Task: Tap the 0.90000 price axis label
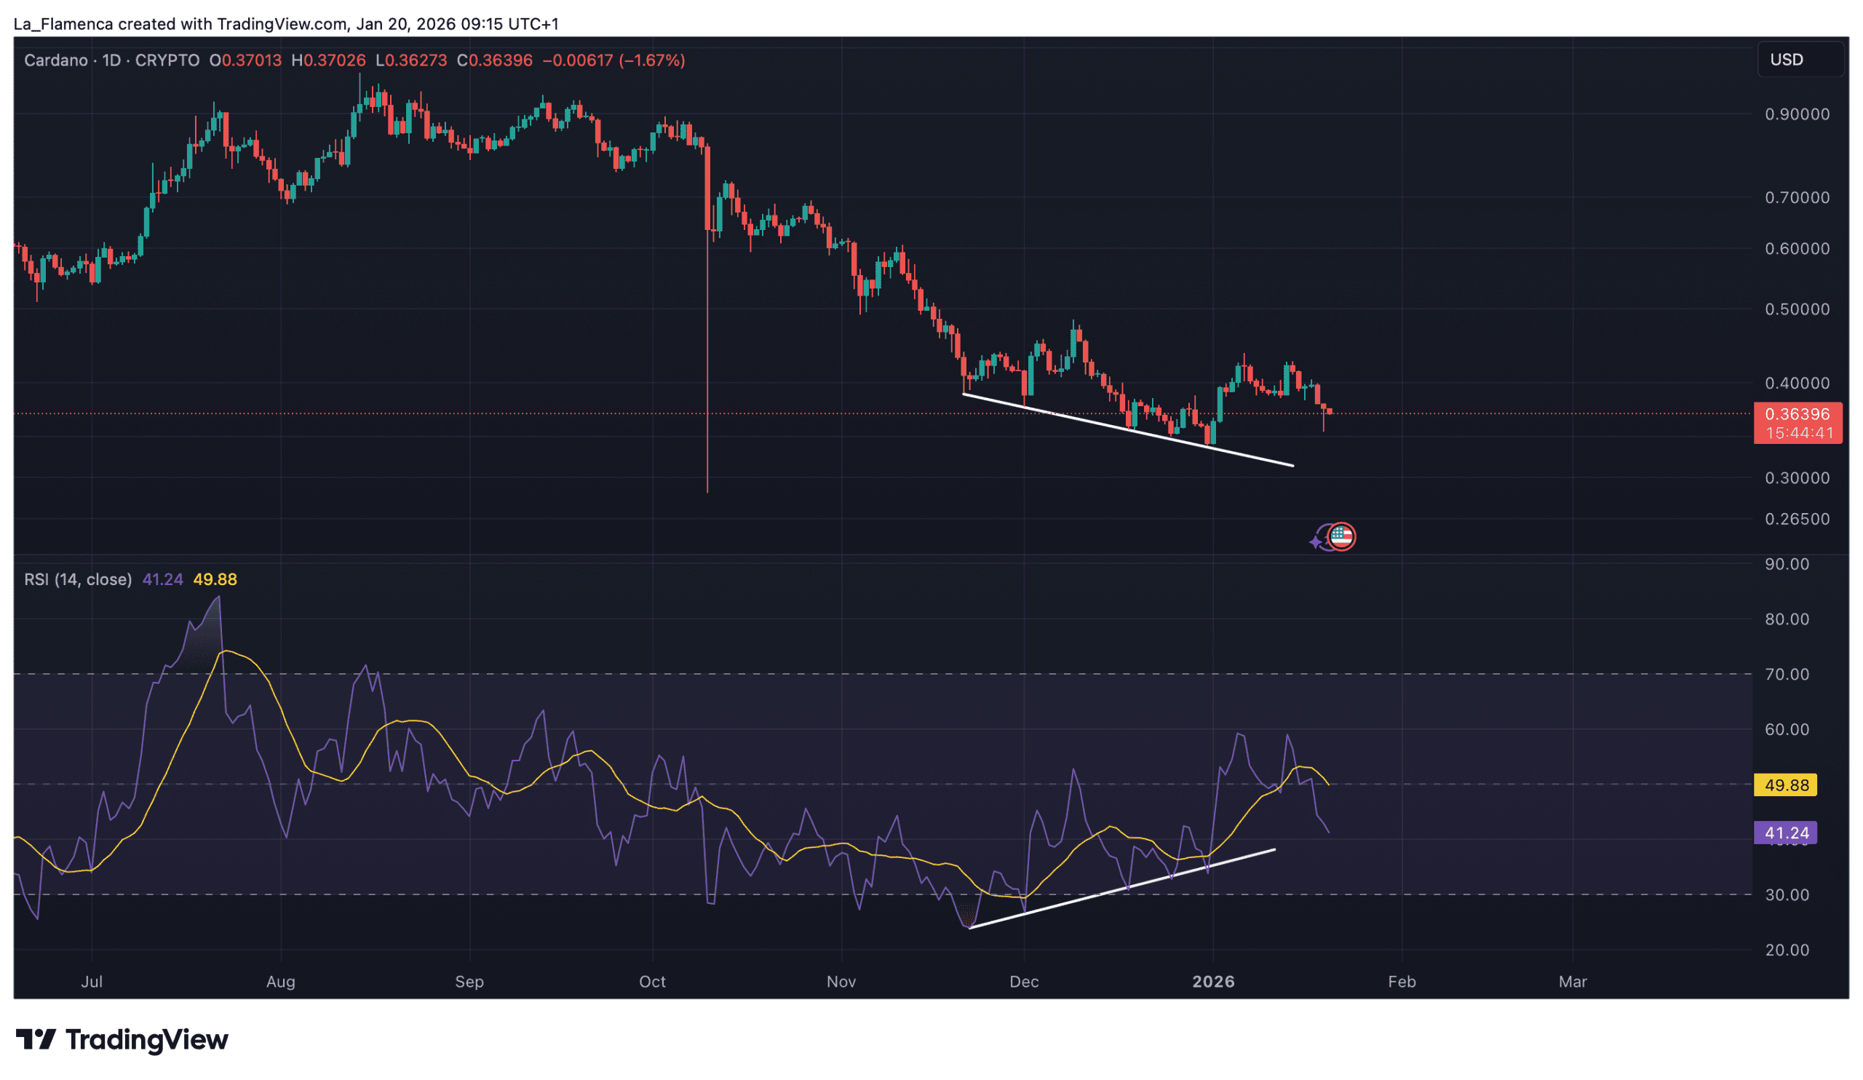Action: click(1797, 114)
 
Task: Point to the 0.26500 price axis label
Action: click(1797, 519)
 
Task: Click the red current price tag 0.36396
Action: click(1797, 415)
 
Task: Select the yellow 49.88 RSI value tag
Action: click(1785, 785)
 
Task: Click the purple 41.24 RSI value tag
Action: click(1785, 833)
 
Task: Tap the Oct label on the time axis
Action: click(652, 982)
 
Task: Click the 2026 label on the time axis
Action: click(1213, 982)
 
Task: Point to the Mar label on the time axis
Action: click(1573, 982)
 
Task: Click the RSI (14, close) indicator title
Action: click(78, 579)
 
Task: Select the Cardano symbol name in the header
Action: click(55, 60)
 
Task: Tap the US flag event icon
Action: click(1341, 536)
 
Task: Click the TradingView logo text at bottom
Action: click(146, 1040)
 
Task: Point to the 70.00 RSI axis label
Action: click(1787, 674)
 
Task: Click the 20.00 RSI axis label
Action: click(1787, 950)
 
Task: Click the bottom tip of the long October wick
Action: click(707, 491)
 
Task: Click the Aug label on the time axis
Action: click(281, 982)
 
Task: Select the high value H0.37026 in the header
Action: click(328, 60)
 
